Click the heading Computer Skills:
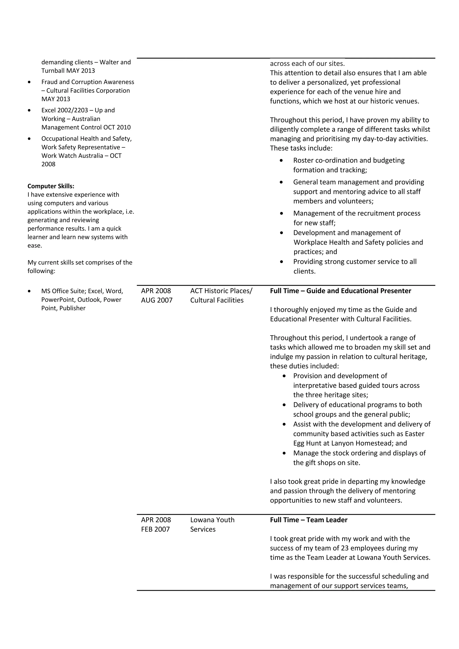[51, 186]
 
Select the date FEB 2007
[155, 529]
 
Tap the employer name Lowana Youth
[212, 520]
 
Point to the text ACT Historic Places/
[221, 291]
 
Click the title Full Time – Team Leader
[309, 520]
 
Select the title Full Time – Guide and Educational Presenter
[340, 291]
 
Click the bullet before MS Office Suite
[29, 291]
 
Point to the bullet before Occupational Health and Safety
[29, 139]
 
